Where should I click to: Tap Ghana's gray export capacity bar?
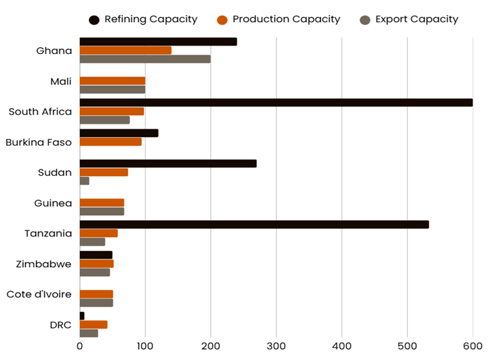coord(145,59)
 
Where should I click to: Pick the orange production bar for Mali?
coord(112,81)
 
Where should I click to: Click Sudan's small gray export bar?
coord(84,181)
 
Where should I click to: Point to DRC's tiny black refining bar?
coord(82,316)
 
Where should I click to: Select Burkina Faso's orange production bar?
coord(110,142)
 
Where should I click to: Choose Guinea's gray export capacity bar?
coord(102,211)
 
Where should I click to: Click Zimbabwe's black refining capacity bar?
coord(96,255)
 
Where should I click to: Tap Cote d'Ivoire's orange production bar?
coord(96,294)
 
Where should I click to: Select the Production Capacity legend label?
coord(286,19)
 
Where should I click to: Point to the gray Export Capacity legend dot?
coord(365,20)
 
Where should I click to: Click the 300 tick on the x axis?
coord(276,346)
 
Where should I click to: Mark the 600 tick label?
coord(473,346)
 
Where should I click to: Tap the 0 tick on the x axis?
coord(80,346)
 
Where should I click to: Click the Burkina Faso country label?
coord(39,142)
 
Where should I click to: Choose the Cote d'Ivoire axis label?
coord(39,294)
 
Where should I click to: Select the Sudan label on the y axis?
coord(55,172)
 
